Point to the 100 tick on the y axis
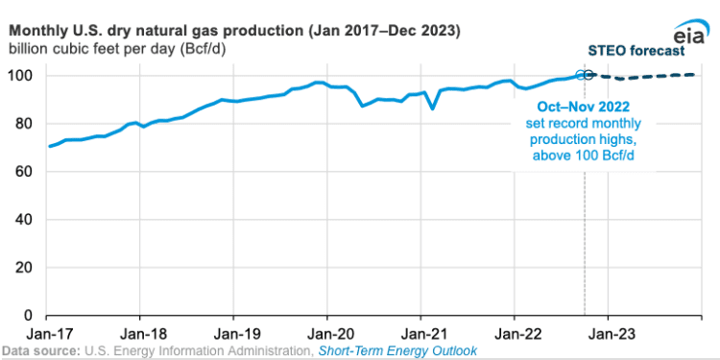23,76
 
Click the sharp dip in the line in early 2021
433,108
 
